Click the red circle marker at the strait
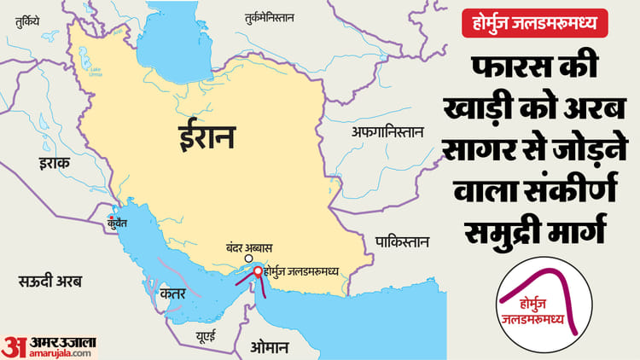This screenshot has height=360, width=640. pyautogui.click(x=257, y=272)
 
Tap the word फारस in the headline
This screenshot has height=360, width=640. pyautogui.click(x=506, y=70)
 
